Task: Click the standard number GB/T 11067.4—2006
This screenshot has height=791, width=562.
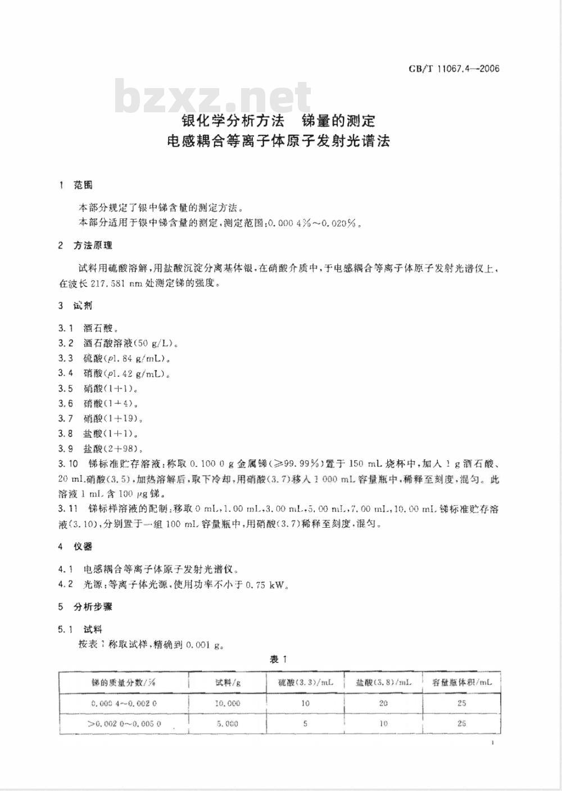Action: point(454,70)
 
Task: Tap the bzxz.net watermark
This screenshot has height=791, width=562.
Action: point(214,97)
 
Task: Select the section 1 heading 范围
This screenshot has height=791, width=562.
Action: point(83,185)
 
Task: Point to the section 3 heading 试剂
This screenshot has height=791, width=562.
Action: point(83,306)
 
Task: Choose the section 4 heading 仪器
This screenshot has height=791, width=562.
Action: point(83,546)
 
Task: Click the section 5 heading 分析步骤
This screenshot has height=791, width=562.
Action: point(93,607)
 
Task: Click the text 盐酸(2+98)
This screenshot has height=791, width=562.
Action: point(111,449)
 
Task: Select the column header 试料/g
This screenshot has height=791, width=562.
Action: point(228,683)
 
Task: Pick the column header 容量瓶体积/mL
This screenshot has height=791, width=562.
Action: point(462,683)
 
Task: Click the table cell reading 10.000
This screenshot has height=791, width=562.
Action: point(228,703)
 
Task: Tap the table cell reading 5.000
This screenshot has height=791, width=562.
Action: point(228,724)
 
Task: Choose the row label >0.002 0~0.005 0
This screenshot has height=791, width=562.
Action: point(124,724)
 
